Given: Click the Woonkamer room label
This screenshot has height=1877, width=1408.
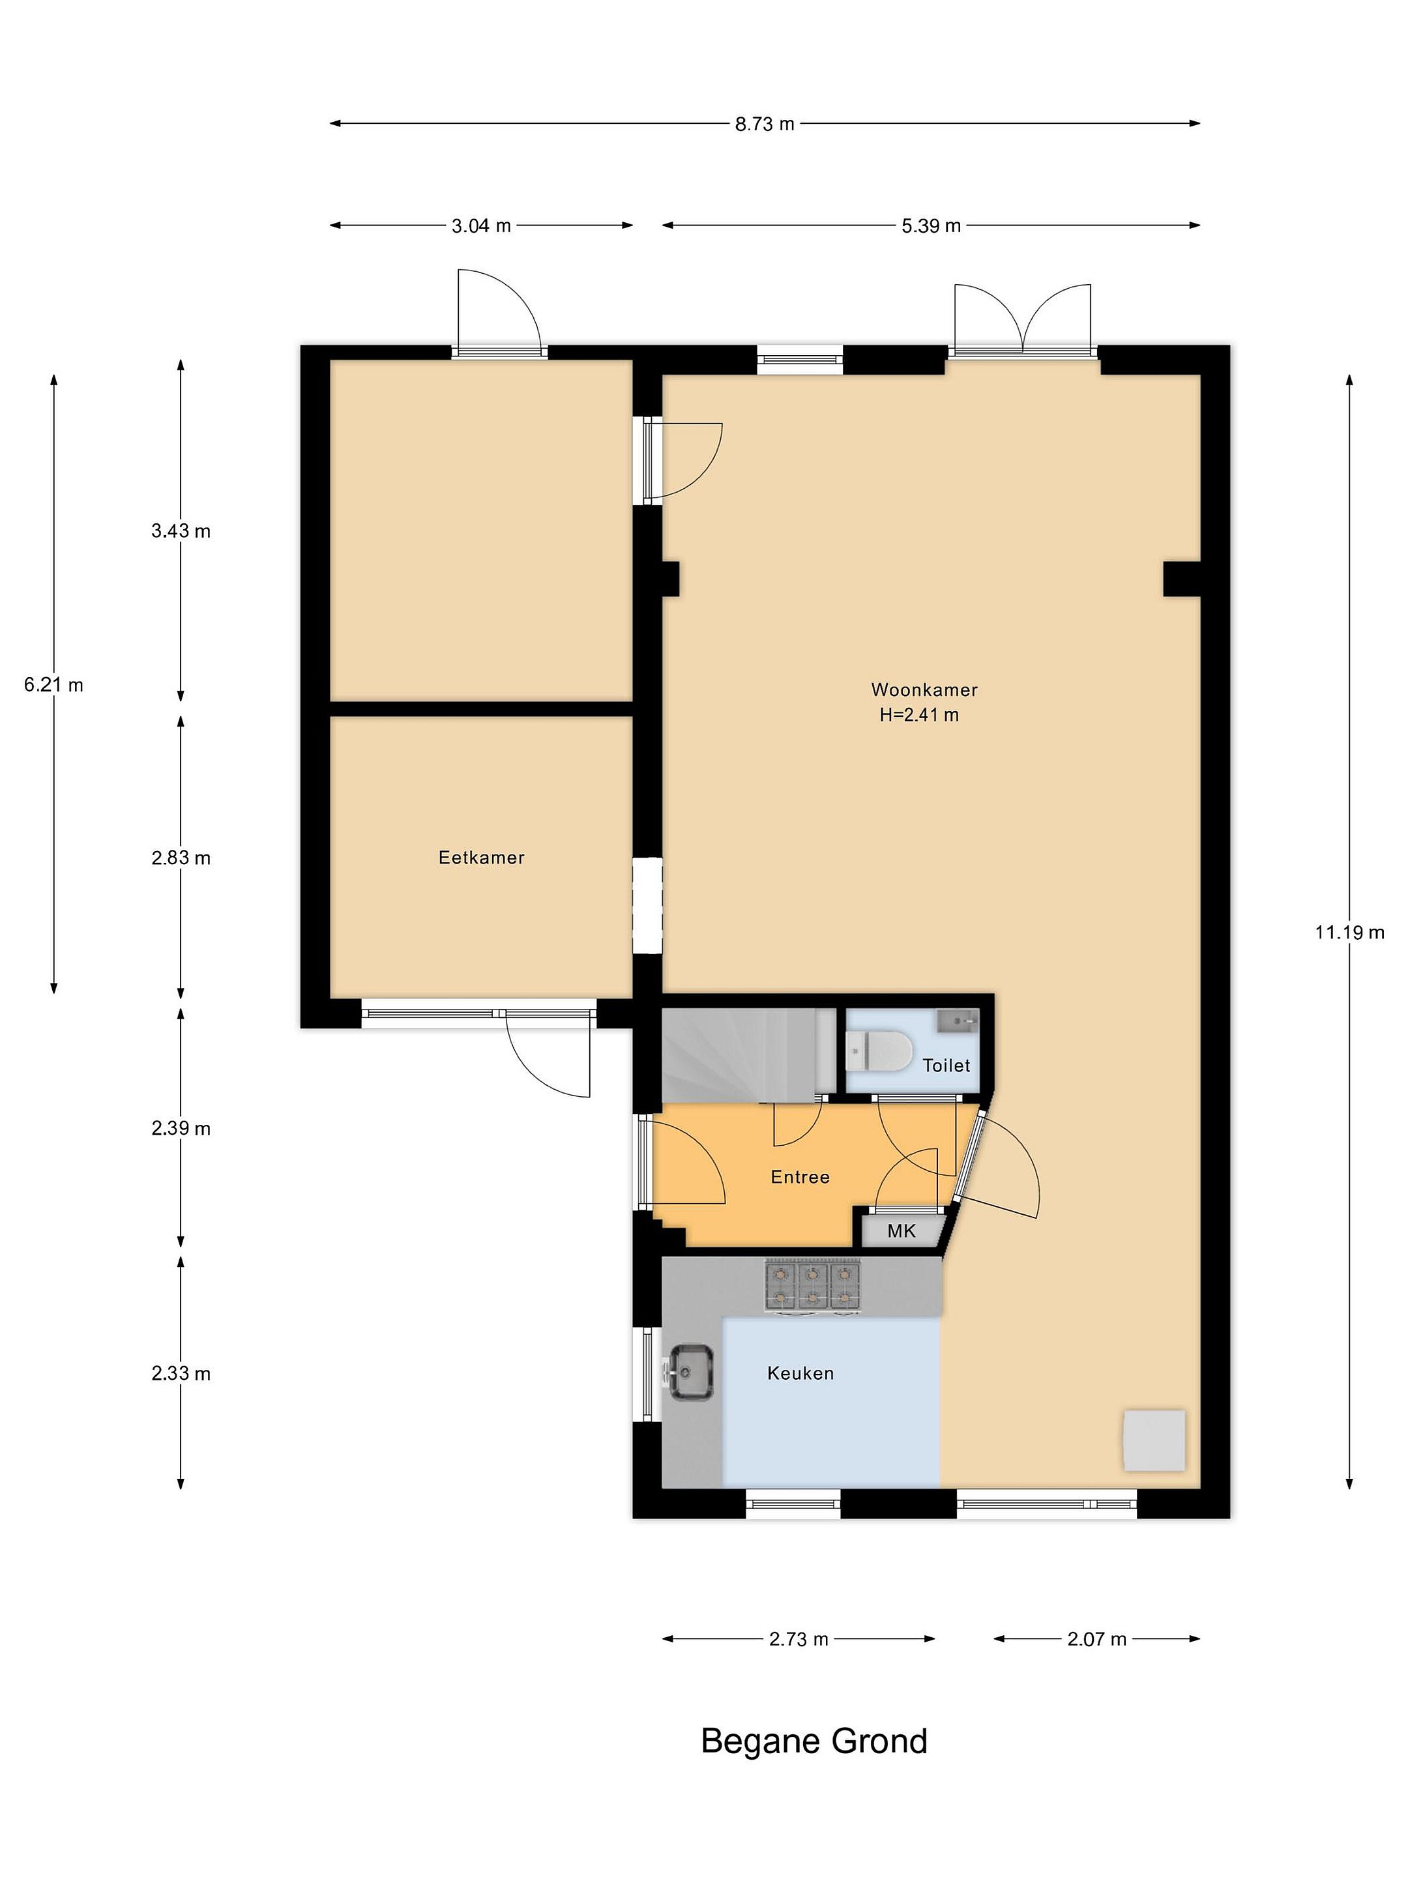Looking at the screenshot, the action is (924, 689).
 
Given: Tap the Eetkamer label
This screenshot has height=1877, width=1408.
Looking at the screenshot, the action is (481, 857).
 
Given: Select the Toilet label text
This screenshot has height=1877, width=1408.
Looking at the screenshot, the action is (946, 1065).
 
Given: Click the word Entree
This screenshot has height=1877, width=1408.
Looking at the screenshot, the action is (799, 1176).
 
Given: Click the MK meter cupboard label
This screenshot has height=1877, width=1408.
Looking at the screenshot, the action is (902, 1230).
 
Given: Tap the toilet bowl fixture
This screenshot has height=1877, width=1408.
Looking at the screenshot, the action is (877, 1051).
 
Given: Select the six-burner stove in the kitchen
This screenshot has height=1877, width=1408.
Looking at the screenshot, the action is (812, 1286).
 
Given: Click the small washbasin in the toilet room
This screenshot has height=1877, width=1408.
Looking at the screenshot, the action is (958, 1021).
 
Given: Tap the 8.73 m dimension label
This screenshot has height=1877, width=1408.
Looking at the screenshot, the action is (765, 124).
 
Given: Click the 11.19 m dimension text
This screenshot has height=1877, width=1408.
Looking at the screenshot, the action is (1349, 933).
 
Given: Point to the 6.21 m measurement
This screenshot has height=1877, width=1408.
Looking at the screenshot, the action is (53, 685).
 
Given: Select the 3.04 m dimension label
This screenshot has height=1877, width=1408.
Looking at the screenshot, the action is (481, 226).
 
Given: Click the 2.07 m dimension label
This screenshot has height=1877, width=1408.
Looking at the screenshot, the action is (1096, 1638).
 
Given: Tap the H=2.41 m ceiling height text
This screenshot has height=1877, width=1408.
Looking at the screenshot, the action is (919, 714).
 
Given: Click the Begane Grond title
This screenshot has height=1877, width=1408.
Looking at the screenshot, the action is (814, 1741).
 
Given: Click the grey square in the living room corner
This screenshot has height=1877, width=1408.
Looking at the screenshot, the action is (1154, 1440).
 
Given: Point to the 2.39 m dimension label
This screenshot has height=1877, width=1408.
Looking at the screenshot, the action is (181, 1128).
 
